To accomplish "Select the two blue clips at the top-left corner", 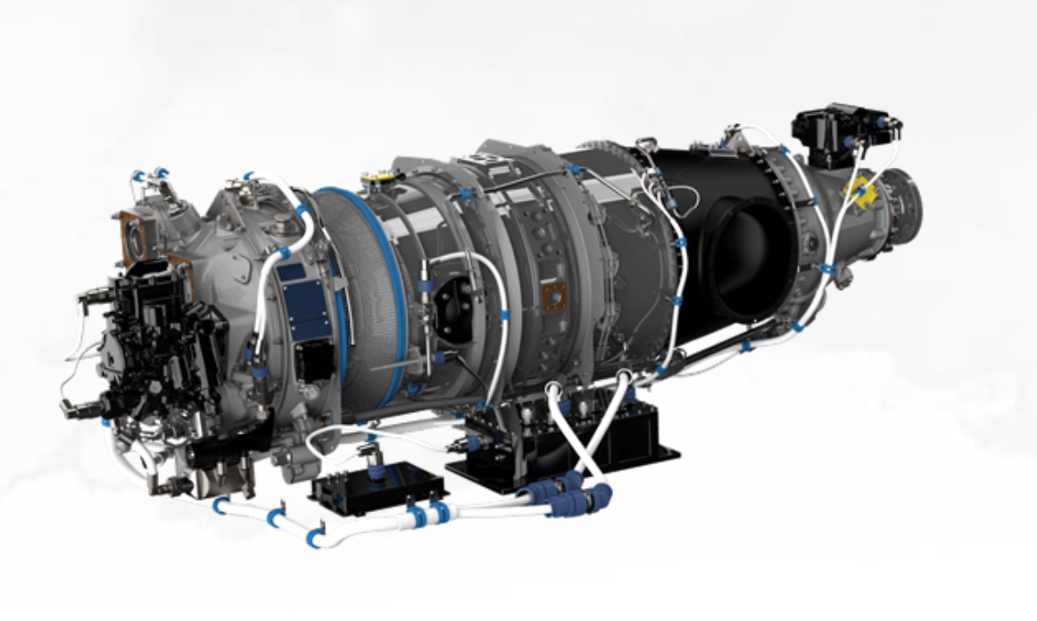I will pyautogui.click(x=150, y=175).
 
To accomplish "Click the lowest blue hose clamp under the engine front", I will pyautogui.click(x=314, y=537).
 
